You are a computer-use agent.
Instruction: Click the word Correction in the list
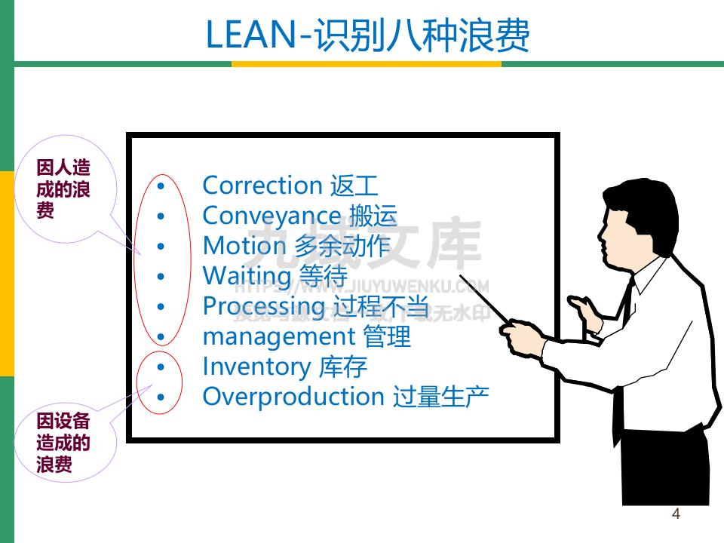tap(262, 186)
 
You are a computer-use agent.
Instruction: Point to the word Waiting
tap(247, 276)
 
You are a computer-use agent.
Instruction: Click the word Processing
tap(263, 306)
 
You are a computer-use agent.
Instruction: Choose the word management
tap(278, 336)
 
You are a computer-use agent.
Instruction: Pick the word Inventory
tap(256, 367)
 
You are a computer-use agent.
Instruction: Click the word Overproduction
tap(293, 397)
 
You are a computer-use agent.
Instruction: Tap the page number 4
tap(676, 514)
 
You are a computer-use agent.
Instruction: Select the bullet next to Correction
tap(160, 186)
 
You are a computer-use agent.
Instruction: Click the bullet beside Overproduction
tap(160, 397)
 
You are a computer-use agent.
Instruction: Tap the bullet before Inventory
tap(160, 367)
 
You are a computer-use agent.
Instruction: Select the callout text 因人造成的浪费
tap(63, 189)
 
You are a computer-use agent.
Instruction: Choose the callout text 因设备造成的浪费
tap(63, 442)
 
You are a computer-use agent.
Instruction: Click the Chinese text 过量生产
tap(441, 397)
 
